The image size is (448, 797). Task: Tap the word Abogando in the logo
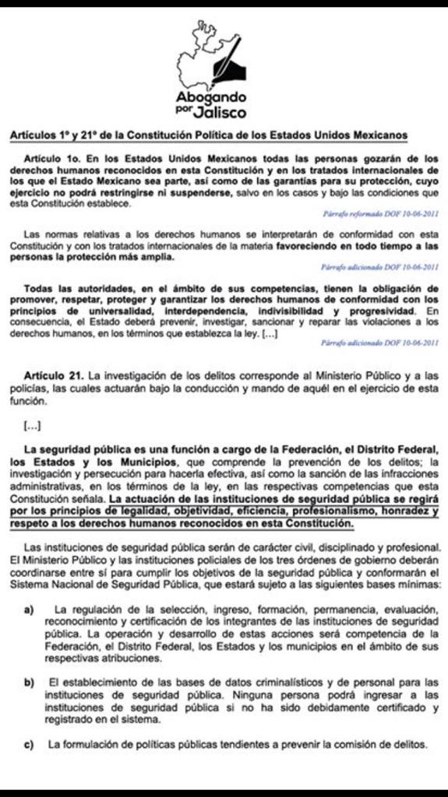click(210, 98)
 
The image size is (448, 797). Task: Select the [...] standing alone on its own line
click(33, 425)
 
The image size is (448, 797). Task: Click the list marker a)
click(29, 609)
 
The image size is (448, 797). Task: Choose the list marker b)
click(29, 682)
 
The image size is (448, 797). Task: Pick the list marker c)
click(29, 744)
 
